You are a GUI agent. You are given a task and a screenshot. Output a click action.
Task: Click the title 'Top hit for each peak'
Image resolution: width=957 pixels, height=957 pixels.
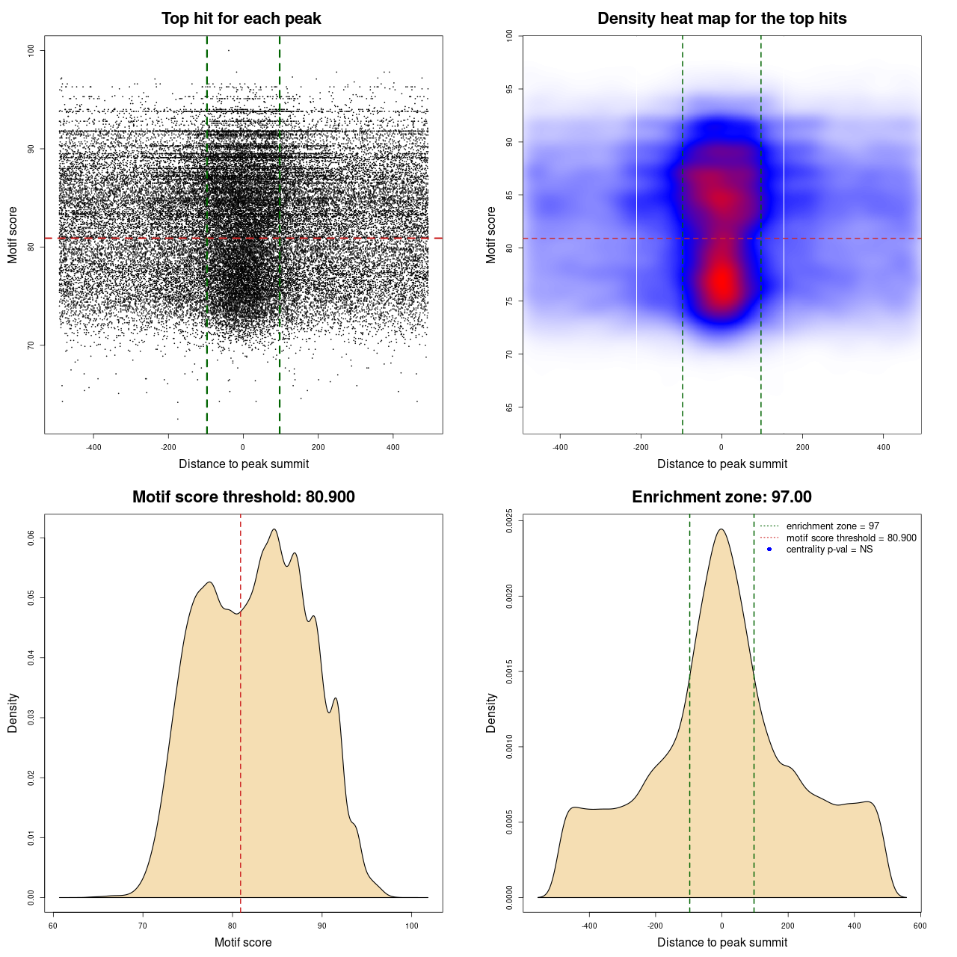tap(241, 19)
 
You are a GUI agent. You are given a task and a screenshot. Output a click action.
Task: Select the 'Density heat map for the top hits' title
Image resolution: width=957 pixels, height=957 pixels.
tap(721, 19)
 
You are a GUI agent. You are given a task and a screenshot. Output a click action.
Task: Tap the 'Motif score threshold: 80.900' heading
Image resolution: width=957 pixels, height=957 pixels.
tap(243, 497)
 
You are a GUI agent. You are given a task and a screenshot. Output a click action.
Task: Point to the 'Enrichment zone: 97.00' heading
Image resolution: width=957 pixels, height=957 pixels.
tap(721, 497)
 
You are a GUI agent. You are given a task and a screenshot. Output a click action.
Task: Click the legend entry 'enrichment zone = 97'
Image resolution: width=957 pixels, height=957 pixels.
tap(832, 526)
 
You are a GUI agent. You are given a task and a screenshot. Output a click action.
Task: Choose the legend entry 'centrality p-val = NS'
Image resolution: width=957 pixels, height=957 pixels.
tap(829, 550)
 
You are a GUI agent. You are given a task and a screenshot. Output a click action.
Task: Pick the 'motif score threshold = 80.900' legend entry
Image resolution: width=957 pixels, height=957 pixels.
tap(851, 538)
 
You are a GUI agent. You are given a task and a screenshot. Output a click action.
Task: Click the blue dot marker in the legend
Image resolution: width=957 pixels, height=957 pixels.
tap(769, 550)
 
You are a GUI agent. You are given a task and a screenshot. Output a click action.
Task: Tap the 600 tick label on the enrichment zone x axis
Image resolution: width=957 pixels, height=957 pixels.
tap(920, 926)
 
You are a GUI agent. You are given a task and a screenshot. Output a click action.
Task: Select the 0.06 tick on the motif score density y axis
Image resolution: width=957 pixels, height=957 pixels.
tap(31, 538)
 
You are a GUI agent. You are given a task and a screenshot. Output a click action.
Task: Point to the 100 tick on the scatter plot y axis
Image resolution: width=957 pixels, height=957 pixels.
tap(31, 50)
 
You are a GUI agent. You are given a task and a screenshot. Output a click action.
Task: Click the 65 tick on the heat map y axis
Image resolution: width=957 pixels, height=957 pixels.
tap(509, 407)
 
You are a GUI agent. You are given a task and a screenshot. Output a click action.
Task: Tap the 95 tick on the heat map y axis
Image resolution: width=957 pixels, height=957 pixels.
tap(509, 89)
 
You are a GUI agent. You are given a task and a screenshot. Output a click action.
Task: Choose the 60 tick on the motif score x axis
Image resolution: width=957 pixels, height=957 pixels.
tap(53, 926)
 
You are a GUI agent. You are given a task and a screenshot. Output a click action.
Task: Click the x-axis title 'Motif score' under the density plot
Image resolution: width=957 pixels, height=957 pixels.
tap(243, 942)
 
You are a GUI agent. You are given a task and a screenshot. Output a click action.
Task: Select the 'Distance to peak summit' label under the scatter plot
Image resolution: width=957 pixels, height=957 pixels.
tap(244, 464)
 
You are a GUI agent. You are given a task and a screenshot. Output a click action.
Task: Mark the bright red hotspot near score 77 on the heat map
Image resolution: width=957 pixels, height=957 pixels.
tap(721, 283)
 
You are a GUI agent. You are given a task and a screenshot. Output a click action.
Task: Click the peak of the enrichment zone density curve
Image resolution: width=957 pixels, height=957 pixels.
tap(721, 529)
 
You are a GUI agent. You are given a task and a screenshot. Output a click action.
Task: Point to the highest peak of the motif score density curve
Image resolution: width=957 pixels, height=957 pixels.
tap(274, 529)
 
